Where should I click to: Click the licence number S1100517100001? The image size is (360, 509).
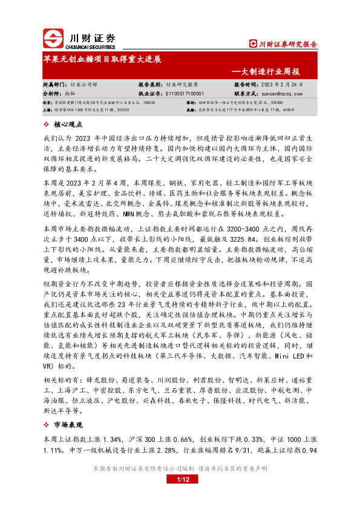tap(185, 94)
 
